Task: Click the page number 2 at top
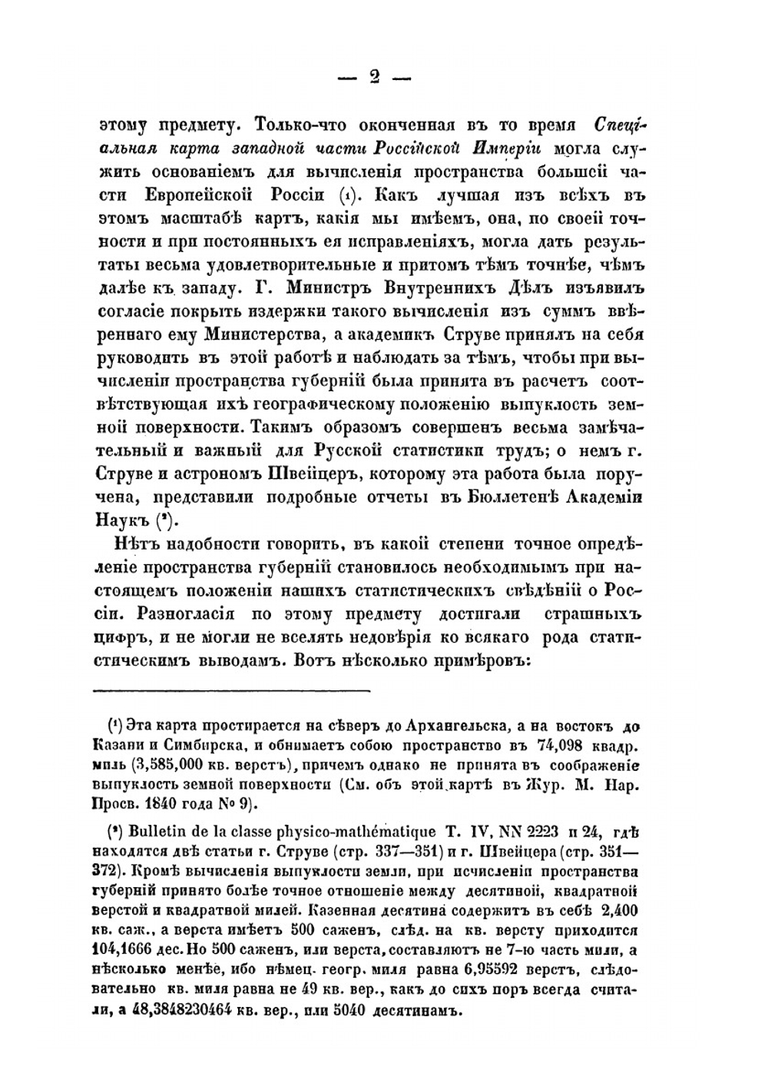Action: [374, 78]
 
